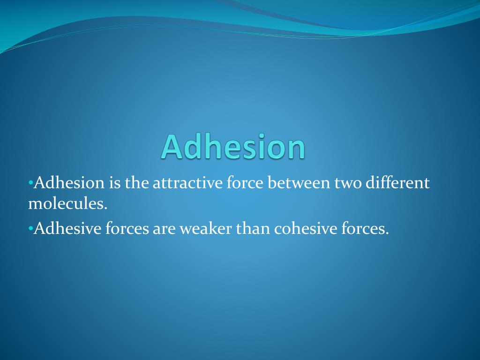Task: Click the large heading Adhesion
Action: tap(233, 146)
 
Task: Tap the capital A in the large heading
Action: tap(172, 146)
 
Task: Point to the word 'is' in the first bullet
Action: tap(114, 183)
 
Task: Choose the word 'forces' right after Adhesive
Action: tap(127, 229)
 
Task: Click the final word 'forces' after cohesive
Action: tap(364, 229)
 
